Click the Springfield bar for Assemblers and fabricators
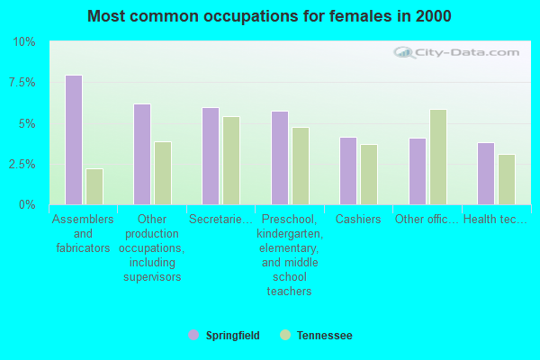[x=74, y=139]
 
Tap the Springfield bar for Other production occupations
[x=142, y=154]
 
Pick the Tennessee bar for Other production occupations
[x=162, y=173]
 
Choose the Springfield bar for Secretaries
[x=211, y=156]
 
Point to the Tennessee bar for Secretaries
[x=231, y=160]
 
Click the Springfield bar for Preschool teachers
[x=280, y=157]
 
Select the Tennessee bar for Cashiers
[x=368, y=175]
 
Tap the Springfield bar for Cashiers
[x=348, y=171]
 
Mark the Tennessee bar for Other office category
[x=438, y=157]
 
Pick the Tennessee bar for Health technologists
[x=507, y=179]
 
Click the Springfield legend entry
[x=225, y=336]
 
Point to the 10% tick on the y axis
[x=23, y=42]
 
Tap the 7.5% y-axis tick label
[x=21, y=83]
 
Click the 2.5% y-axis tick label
[x=21, y=165]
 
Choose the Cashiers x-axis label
[x=358, y=220]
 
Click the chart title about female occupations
[x=270, y=16]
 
